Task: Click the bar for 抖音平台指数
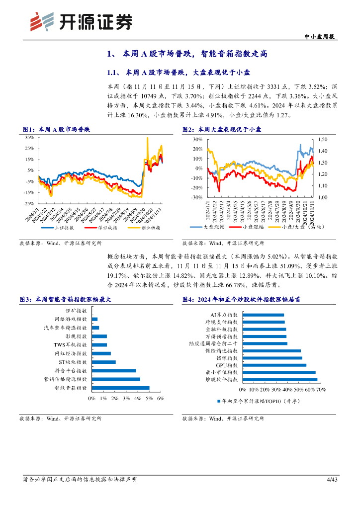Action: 114,370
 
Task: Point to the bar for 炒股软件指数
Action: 279,379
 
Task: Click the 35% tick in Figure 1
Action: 28,137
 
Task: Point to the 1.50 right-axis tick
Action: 323,140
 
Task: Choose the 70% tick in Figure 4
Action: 321,389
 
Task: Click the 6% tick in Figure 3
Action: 161,399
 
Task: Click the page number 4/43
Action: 332,479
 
